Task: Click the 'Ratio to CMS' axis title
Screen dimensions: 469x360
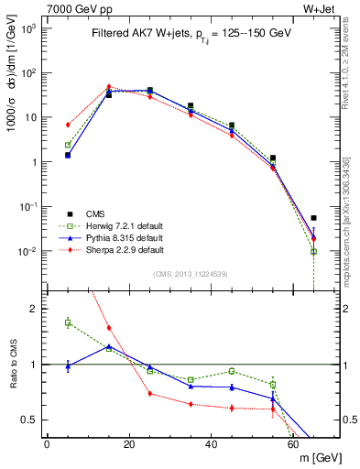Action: (x=12, y=363)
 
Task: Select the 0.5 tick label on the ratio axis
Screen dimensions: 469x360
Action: (x=32, y=420)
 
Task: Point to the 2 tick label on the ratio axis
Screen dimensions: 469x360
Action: (x=37, y=309)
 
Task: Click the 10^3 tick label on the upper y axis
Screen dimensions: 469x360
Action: (x=29, y=28)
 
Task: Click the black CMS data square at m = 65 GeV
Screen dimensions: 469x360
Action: (x=314, y=218)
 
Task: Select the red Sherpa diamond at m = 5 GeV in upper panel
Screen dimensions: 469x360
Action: (x=68, y=125)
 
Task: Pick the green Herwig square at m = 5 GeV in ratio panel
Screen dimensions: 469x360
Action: (x=68, y=322)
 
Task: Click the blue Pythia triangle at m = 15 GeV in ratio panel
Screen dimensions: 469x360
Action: (x=109, y=346)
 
